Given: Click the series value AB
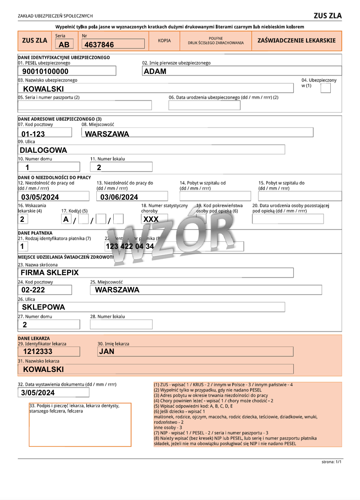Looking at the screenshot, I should coord(64,45).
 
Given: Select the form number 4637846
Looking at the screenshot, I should coord(99,45).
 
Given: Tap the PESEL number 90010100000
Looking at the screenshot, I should coord(45,71).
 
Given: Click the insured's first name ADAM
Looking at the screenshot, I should coord(155,71).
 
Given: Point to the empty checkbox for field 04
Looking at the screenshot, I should coord(325,88).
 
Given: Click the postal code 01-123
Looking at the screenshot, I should coord(33,134).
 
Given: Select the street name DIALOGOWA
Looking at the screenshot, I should coord(43,150).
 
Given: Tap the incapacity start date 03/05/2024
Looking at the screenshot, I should coord(40,197).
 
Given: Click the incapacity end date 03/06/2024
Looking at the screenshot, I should coord(119,197).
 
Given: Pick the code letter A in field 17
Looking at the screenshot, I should coord(66,219).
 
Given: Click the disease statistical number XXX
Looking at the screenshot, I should coord(151,219).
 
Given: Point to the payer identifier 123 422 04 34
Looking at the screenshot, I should coord(130,246).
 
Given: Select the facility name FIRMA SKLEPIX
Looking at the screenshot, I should coord(49,273).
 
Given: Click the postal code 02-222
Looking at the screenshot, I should coord(33,290).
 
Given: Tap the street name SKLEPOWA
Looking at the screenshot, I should coord(43,307).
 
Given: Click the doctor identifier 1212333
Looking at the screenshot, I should coord(38,351).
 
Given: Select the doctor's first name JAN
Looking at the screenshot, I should coord(106,351).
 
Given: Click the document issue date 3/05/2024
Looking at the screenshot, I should coord(38,393).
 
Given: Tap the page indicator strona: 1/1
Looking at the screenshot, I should coord(331,462).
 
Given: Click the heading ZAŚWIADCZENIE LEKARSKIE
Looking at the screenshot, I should coord(296,41).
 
